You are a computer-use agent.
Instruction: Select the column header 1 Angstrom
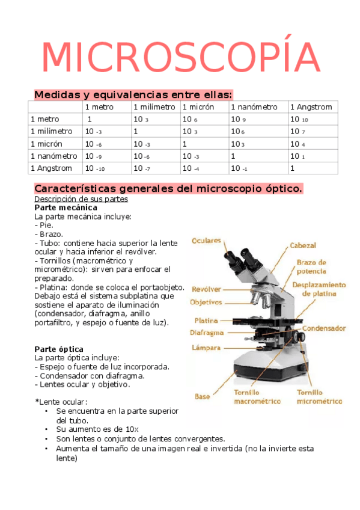(x=310, y=107)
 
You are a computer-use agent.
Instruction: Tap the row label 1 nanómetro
(x=53, y=156)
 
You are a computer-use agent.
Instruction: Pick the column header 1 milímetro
(x=154, y=107)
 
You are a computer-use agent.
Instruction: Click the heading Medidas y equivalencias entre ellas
(x=133, y=94)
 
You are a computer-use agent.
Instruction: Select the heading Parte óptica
(x=59, y=349)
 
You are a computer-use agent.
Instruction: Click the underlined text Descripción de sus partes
(x=81, y=199)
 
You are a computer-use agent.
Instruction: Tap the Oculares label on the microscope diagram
(x=206, y=241)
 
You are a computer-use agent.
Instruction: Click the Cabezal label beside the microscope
(x=303, y=245)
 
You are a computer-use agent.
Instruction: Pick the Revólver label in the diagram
(x=206, y=289)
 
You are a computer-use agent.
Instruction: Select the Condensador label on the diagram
(x=323, y=328)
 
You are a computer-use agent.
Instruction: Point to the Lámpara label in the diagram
(x=207, y=347)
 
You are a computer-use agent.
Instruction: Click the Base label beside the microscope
(x=202, y=396)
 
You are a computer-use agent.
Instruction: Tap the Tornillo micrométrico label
(x=319, y=396)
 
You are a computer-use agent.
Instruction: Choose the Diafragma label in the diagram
(x=207, y=333)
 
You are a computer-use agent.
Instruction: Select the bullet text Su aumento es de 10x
(x=97, y=429)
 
